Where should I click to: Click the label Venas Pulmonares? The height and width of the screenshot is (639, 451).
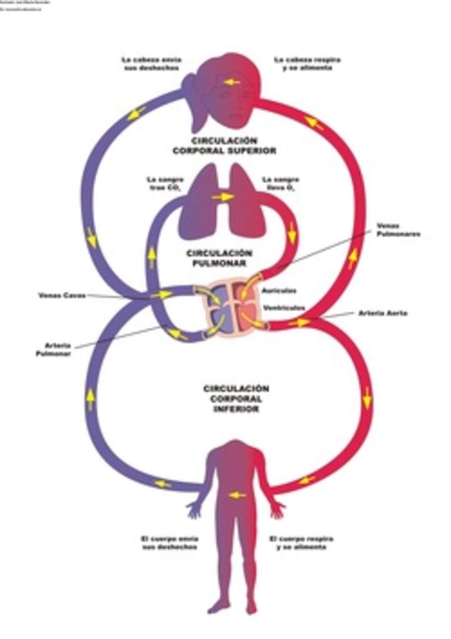(398, 230)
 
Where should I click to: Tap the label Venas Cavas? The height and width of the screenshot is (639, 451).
(61, 294)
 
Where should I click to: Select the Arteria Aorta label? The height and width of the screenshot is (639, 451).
(383, 313)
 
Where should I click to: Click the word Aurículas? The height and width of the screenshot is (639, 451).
(279, 291)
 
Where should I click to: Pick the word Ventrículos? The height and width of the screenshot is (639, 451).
(284, 308)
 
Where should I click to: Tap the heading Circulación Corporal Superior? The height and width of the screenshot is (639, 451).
(224, 146)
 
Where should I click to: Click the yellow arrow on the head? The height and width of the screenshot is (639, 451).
(232, 82)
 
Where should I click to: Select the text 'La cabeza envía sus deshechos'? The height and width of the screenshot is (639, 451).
(152, 63)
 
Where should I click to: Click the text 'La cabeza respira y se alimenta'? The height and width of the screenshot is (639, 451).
(307, 63)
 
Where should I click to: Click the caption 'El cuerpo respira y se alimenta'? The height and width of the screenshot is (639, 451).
(301, 543)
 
